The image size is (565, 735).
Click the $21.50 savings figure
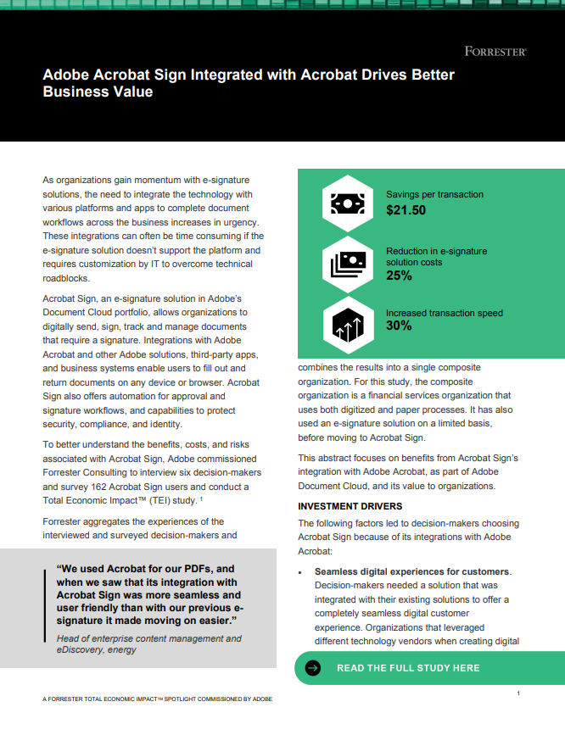pos(406,209)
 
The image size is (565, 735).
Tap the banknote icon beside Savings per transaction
pos(348,203)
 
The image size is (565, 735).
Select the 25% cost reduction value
pos(399,276)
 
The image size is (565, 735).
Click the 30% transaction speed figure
pos(399,326)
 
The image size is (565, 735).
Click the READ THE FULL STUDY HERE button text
pos(408,668)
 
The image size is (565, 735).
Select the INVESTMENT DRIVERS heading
pos(345,506)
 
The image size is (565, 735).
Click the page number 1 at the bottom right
pos(518,693)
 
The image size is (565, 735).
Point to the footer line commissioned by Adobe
pos(157,699)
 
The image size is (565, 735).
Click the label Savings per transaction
pos(434,195)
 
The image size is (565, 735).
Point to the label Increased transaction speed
pos(445,313)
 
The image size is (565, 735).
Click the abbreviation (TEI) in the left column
pos(170,501)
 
